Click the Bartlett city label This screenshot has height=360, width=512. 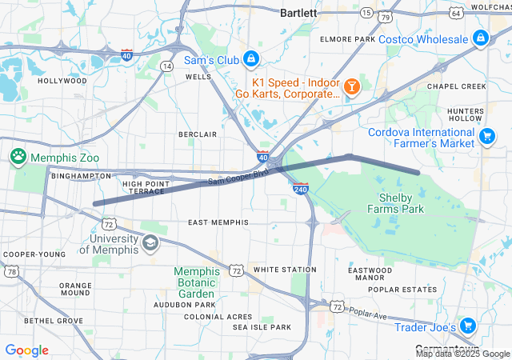298,13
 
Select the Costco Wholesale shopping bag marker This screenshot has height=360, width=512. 480,37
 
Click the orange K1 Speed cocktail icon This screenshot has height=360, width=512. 351,86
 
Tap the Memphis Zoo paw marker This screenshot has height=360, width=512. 18,155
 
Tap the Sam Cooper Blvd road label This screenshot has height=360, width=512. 238,179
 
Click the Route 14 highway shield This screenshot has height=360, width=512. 166,66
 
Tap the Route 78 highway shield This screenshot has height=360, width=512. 11,272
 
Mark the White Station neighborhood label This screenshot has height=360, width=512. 279,270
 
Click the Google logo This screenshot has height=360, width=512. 26,350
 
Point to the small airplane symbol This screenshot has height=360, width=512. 342,217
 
